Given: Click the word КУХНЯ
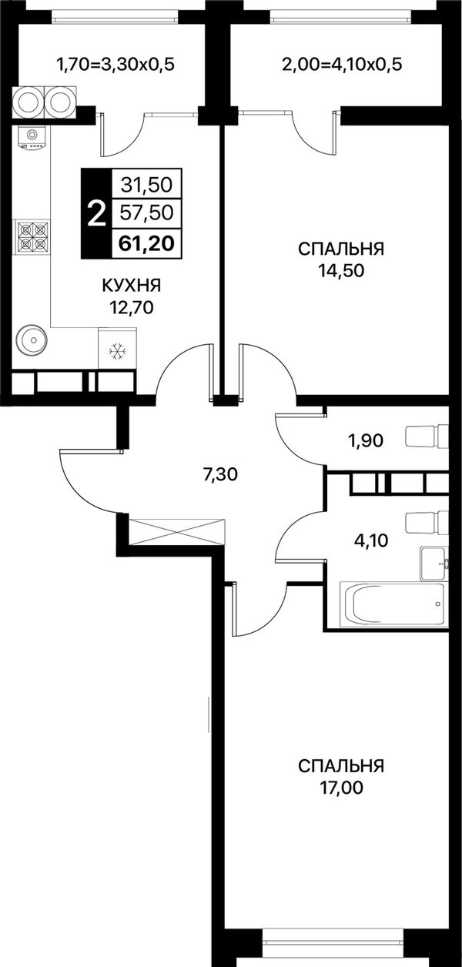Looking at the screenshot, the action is click(x=131, y=286).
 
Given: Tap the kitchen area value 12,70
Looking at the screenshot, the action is click(x=132, y=308).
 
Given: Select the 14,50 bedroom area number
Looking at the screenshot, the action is click(x=341, y=271).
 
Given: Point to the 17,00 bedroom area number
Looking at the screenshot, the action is click(x=341, y=788).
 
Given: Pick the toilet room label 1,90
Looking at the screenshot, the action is click(x=365, y=440).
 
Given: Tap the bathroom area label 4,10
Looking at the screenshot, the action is click(x=371, y=540).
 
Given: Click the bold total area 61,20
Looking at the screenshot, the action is click(x=147, y=244).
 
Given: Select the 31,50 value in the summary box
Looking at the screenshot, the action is click(x=147, y=185).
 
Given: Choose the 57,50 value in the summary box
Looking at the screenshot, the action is click(x=147, y=212).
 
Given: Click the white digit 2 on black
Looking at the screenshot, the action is click(x=96, y=215).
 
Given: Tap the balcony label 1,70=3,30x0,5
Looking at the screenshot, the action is click(x=115, y=65).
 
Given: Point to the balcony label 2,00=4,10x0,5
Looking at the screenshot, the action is click(x=342, y=65).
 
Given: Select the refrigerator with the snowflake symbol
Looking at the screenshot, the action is click(x=118, y=348).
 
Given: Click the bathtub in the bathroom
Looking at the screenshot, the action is click(x=392, y=604).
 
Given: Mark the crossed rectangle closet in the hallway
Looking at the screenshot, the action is click(x=177, y=532).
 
